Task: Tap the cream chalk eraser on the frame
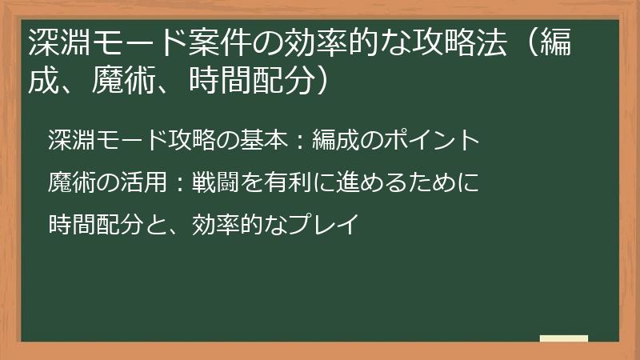pyautogui.click(x=564, y=339)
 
